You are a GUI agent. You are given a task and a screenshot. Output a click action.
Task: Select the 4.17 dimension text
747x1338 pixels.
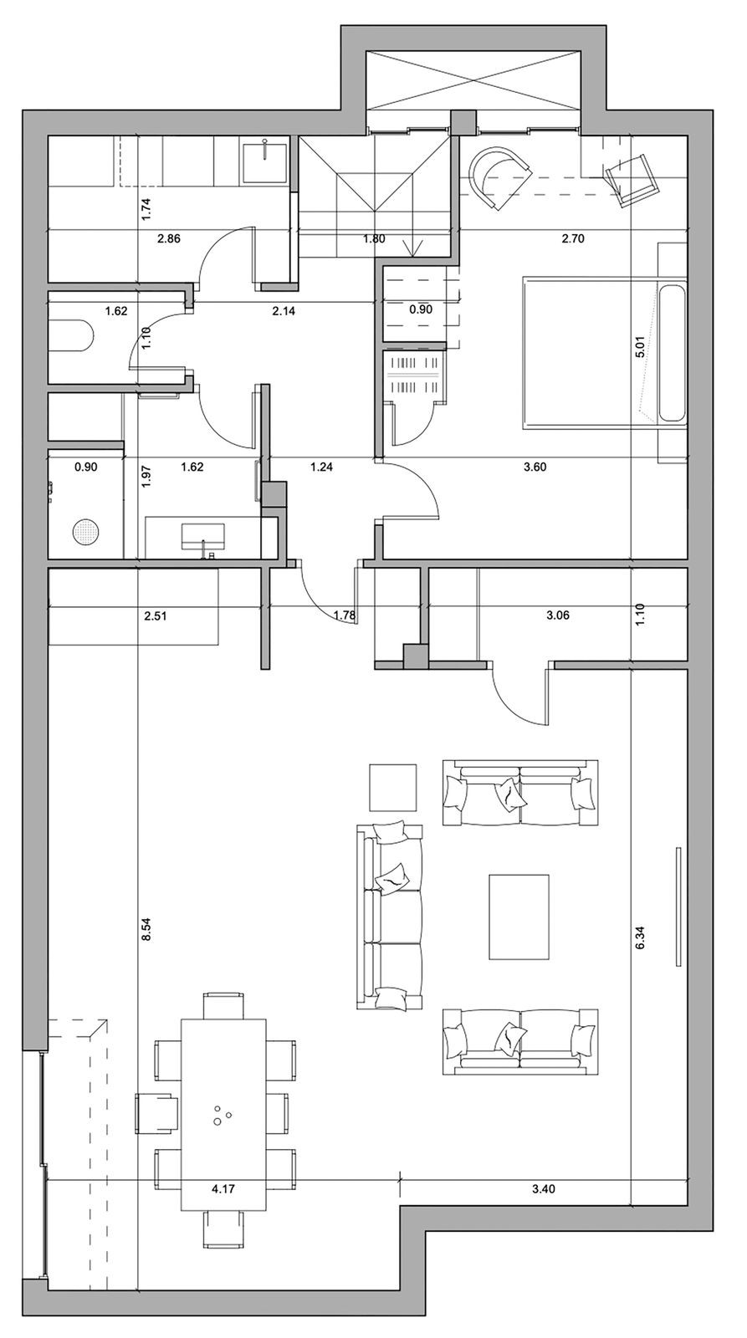pyautogui.click(x=223, y=1188)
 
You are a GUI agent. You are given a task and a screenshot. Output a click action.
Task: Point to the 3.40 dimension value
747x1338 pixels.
pyautogui.click(x=543, y=1188)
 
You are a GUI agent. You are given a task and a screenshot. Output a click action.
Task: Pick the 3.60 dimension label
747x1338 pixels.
pyautogui.click(x=535, y=467)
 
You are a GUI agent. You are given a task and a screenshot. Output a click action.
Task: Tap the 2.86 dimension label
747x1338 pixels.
pyautogui.click(x=168, y=239)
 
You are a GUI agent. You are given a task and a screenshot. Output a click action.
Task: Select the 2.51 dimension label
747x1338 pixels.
pyautogui.click(x=156, y=615)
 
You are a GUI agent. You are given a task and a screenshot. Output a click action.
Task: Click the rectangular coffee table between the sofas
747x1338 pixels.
pyautogui.click(x=519, y=917)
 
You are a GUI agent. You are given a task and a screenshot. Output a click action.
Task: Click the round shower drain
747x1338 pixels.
pyautogui.click(x=84, y=532)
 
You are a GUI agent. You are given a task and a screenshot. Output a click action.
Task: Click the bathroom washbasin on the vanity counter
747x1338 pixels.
pyautogui.click(x=203, y=537)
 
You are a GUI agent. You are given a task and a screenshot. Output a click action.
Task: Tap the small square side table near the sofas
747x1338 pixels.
pyautogui.click(x=392, y=787)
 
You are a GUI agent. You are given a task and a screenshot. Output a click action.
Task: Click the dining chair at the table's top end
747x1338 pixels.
pyautogui.click(x=223, y=1006)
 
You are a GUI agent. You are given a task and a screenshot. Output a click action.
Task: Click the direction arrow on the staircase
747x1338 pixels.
pyautogui.click(x=413, y=247)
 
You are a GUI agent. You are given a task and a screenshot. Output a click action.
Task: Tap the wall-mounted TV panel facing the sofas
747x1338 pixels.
pyautogui.click(x=678, y=906)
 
